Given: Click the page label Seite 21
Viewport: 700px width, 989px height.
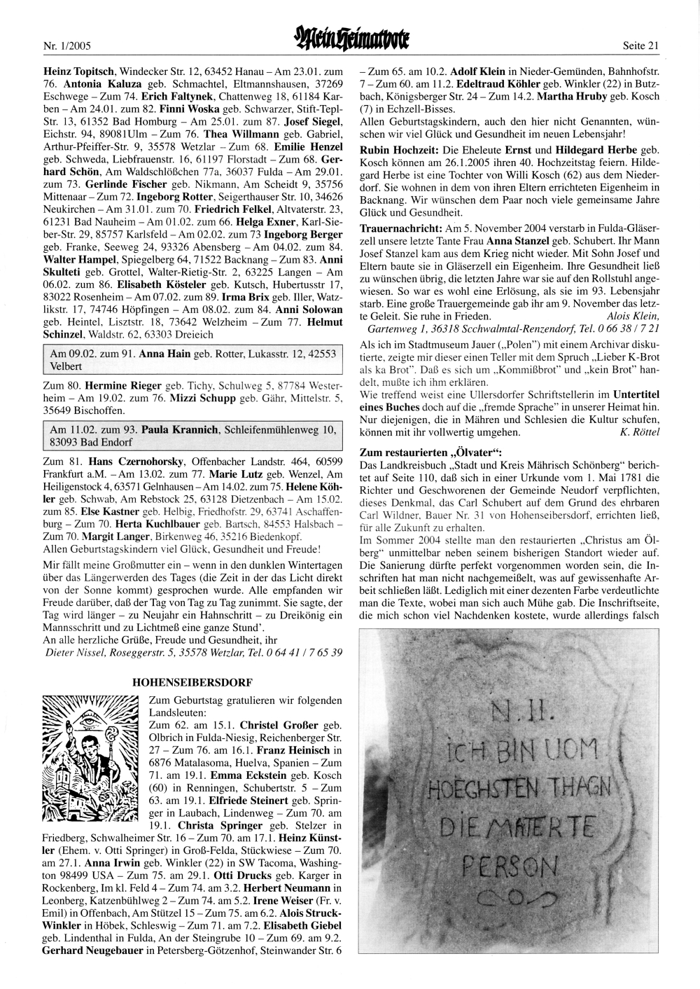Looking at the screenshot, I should tap(640, 46).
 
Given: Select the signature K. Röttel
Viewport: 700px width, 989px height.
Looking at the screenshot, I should tap(640, 431).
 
